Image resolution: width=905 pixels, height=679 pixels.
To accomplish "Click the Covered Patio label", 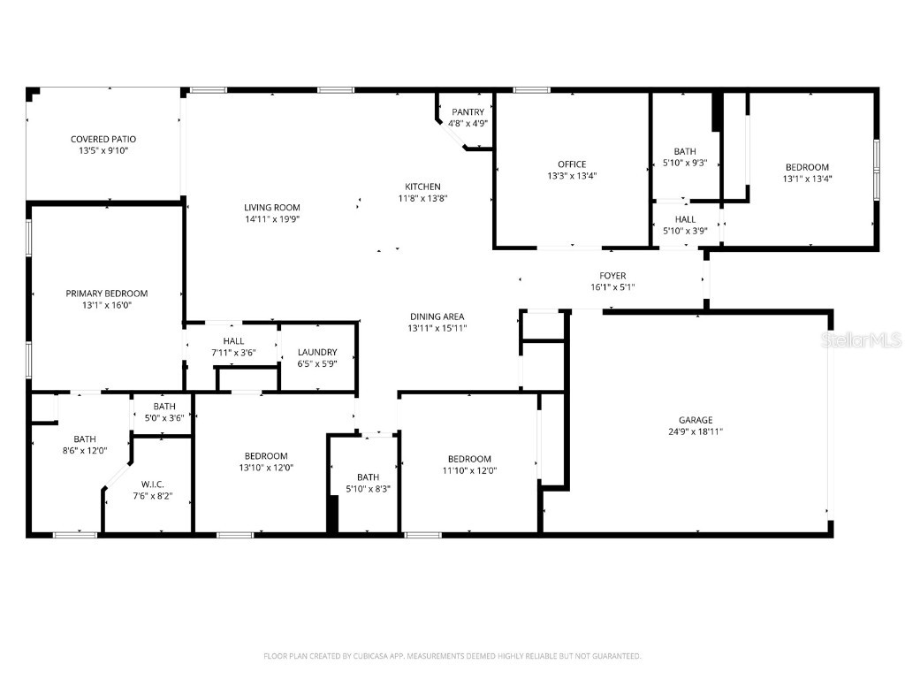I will click(x=103, y=140).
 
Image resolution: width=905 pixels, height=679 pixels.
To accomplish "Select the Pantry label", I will click(x=468, y=112).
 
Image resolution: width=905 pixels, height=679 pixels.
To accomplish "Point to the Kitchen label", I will click(x=422, y=187).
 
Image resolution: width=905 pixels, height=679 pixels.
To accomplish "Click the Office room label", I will click(x=572, y=164).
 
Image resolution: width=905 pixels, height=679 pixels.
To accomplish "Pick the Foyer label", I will click(x=612, y=275).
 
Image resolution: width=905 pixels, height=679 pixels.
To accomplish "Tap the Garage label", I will click(x=696, y=420).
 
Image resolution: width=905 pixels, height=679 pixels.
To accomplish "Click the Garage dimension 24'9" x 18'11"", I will click(x=696, y=431).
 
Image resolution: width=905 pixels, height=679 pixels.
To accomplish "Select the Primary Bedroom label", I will click(x=106, y=294).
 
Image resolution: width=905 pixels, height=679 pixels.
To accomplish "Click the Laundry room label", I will click(x=317, y=352).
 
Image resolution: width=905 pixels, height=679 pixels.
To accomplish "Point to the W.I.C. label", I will click(x=151, y=484).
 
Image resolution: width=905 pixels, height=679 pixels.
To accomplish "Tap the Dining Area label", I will click(x=437, y=317).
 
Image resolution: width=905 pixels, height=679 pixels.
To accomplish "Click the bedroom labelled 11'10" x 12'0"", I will click(x=468, y=459).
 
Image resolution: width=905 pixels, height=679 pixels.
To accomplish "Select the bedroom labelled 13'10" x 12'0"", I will click(x=266, y=456).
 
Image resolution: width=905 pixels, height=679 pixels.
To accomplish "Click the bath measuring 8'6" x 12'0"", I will click(x=85, y=439).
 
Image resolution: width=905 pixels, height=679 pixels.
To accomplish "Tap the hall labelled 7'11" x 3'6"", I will click(x=233, y=341).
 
